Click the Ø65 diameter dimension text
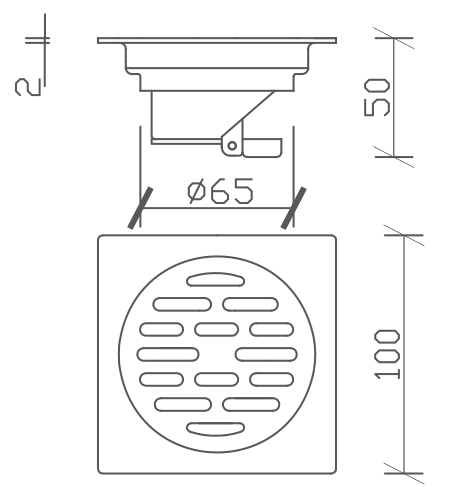[220, 191]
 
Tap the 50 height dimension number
[376, 97]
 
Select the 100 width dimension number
[387, 354]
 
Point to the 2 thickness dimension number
[28, 87]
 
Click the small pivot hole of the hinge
[232, 146]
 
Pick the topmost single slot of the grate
[215, 280]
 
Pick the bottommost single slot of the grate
[215, 429]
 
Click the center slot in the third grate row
[216, 329]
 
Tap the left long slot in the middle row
[168, 354]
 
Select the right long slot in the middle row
[266, 354]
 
